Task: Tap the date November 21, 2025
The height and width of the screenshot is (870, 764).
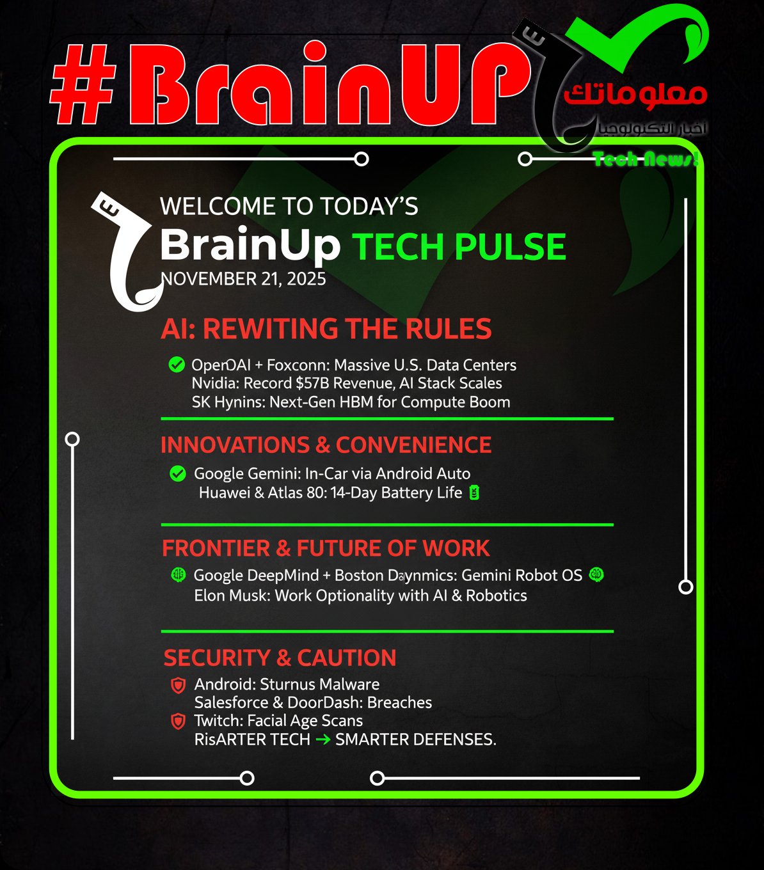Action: (243, 279)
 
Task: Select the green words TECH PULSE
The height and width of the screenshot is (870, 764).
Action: (459, 247)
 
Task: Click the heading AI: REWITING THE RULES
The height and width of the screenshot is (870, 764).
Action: (326, 329)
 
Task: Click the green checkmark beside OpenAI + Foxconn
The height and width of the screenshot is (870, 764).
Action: (177, 365)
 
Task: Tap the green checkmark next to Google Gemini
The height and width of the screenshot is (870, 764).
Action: (178, 474)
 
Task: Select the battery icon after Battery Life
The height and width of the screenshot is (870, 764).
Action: (474, 493)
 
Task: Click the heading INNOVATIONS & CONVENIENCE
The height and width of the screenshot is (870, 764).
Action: (326, 445)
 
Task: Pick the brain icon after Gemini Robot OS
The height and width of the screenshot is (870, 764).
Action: (596, 574)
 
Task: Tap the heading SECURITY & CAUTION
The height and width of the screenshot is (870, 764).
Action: (280, 658)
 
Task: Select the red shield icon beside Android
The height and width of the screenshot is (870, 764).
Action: (179, 685)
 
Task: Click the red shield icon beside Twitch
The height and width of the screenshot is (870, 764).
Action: (179, 722)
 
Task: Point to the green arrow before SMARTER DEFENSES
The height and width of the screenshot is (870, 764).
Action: (323, 739)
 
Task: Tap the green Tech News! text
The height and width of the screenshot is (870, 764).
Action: (645, 159)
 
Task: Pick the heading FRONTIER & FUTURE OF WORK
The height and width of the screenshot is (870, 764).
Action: (326, 548)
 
